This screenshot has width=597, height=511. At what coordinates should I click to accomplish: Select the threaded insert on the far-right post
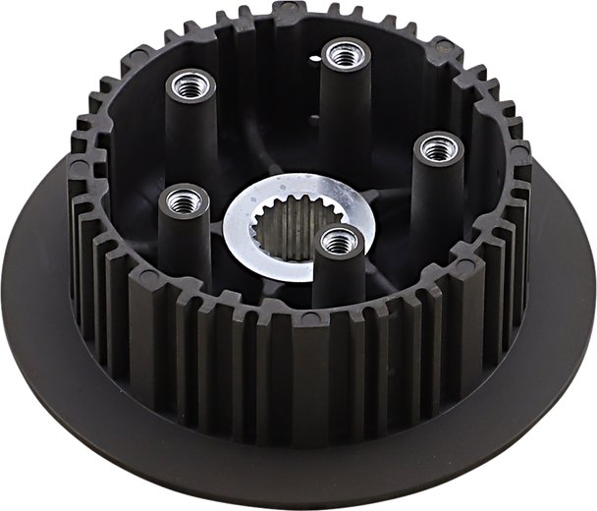pyautogui.click(x=432, y=148)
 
